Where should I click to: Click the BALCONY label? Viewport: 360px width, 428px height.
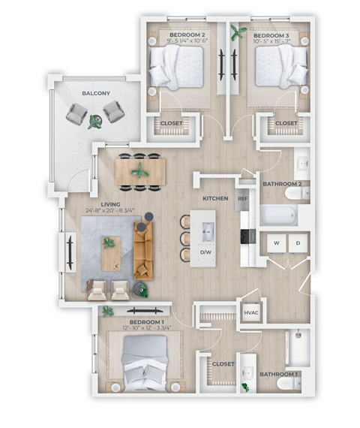coord(95,92)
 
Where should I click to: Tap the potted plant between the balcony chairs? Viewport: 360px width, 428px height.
coord(95,121)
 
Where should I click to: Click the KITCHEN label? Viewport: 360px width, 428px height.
coord(215,198)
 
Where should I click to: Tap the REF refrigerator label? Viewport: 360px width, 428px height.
coord(242,199)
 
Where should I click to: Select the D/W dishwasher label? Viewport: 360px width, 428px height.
coord(205,252)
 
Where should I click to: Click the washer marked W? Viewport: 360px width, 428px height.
coord(276,243)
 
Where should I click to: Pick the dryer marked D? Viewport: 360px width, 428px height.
coord(297,243)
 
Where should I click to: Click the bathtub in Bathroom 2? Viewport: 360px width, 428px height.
coord(278,216)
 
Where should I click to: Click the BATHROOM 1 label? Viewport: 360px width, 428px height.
coord(279,374)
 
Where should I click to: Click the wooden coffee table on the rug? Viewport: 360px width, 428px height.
coord(111,253)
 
